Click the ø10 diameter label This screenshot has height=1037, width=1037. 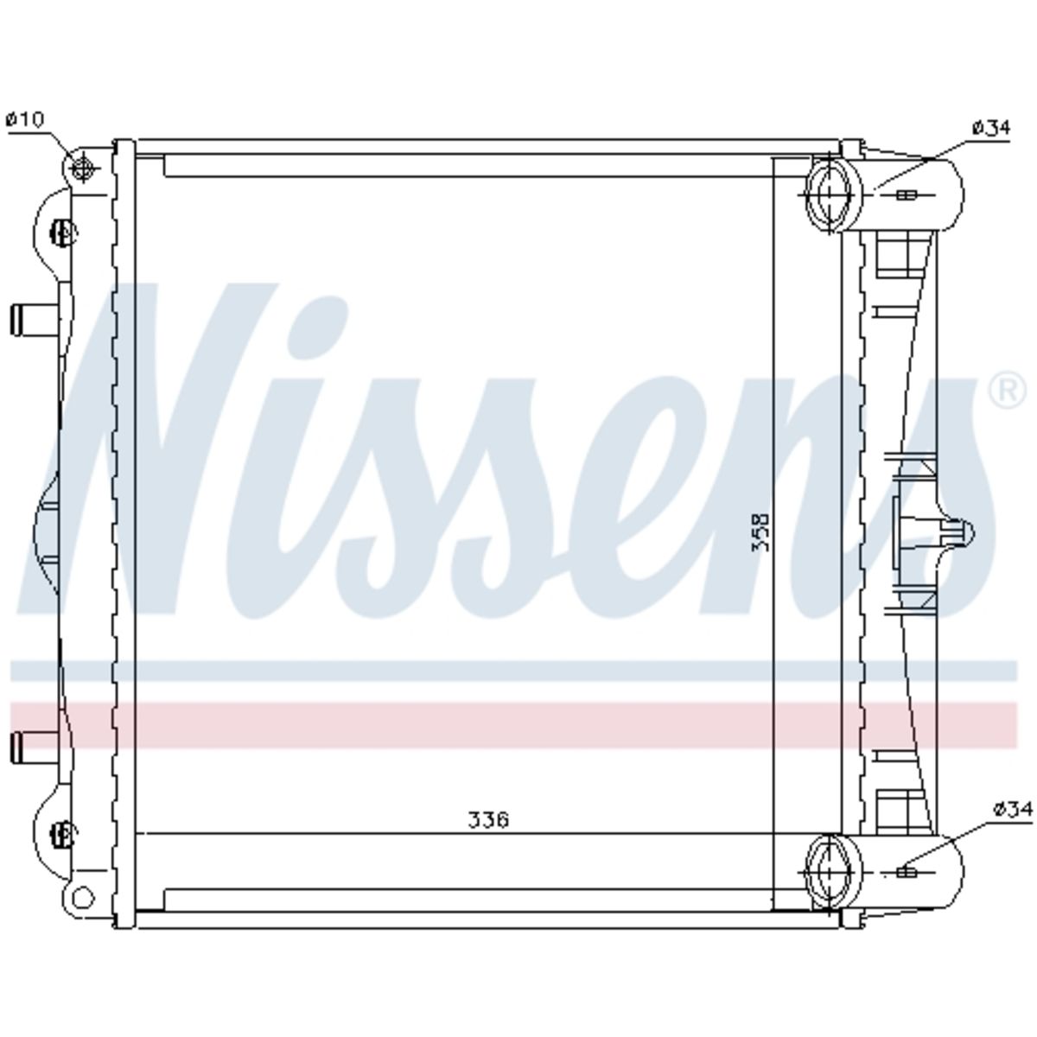click(24, 119)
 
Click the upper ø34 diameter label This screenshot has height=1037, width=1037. click(991, 128)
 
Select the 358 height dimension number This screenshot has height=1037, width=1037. click(760, 533)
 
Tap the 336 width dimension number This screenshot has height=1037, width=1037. click(488, 819)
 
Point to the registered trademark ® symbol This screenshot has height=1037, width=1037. click(1007, 391)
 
